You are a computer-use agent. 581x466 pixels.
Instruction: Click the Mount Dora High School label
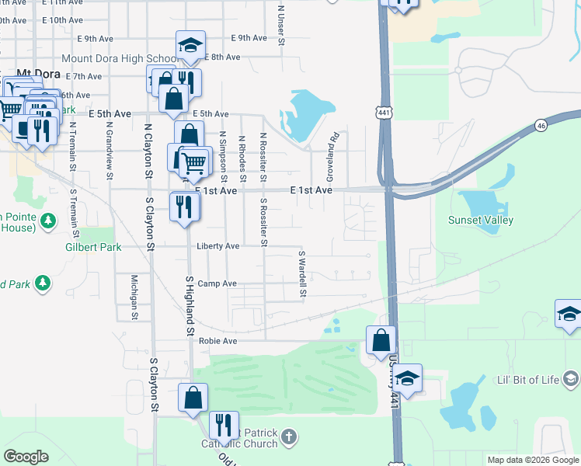pyautogui.click(x=120, y=59)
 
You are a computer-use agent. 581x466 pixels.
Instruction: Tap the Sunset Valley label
pyautogui.click(x=481, y=220)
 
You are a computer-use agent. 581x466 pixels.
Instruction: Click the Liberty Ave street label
pyautogui.click(x=218, y=246)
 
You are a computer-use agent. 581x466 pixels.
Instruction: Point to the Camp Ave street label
pyautogui.click(x=217, y=284)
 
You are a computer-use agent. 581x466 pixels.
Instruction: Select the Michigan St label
pyautogui.click(x=134, y=297)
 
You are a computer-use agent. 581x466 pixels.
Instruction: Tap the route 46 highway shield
pyautogui.click(x=541, y=125)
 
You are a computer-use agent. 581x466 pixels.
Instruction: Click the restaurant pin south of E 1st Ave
pyautogui.click(x=185, y=206)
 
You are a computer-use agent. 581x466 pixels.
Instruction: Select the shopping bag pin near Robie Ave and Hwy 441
pyautogui.click(x=381, y=339)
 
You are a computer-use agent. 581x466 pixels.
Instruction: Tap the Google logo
pyautogui.click(x=26, y=457)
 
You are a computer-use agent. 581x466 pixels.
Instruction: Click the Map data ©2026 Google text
pyautogui.click(x=532, y=460)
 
